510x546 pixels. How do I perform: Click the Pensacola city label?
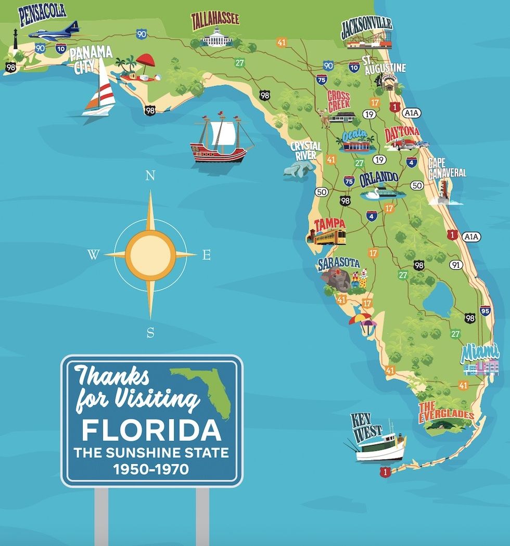click(x=43, y=15)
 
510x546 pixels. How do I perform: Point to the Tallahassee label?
click(x=215, y=20)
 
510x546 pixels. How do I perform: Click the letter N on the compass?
click(x=150, y=176)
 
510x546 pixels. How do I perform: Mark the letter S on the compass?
click(x=150, y=333)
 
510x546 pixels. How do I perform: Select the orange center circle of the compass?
click(x=150, y=255)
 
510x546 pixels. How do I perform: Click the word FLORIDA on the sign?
click(x=151, y=430)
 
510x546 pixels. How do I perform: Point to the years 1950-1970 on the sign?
click(x=151, y=469)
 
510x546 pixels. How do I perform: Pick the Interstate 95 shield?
click(x=485, y=311)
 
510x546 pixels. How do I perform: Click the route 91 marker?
click(x=456, y=265)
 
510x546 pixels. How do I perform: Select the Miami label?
click(x=480, y=353)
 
